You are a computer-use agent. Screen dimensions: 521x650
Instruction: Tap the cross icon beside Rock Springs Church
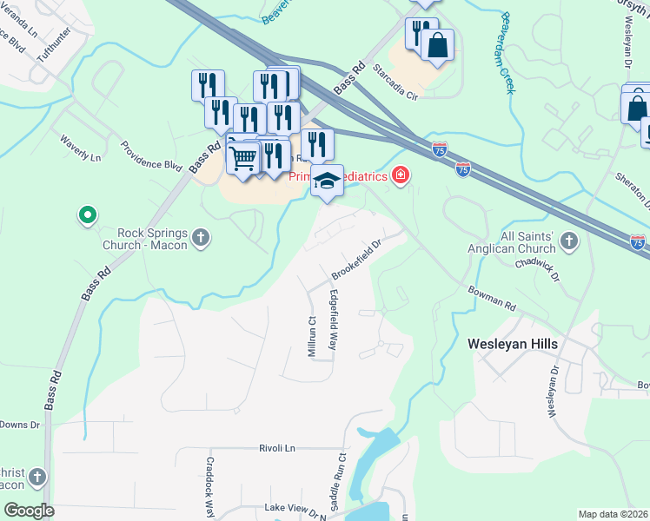tap(201, 237)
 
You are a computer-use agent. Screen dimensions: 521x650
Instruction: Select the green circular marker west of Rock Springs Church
tap(87, 214)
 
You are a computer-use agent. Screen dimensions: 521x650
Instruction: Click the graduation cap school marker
tap(328, 181)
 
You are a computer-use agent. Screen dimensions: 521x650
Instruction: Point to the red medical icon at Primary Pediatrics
tap(400, 176)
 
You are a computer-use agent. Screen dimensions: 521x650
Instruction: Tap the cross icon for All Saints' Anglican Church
tap(569, 241)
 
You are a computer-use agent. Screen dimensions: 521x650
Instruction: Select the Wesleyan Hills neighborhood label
tap(513, 343)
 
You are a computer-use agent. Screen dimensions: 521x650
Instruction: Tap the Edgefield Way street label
tap(332, 320)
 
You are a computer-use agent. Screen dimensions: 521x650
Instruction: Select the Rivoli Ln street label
tap(277, 448)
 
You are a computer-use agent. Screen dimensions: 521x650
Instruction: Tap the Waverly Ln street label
tap(80, 148)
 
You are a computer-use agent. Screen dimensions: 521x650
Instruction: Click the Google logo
tap(29, 510)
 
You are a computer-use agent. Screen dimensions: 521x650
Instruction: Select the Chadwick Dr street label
tap(534, 261)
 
